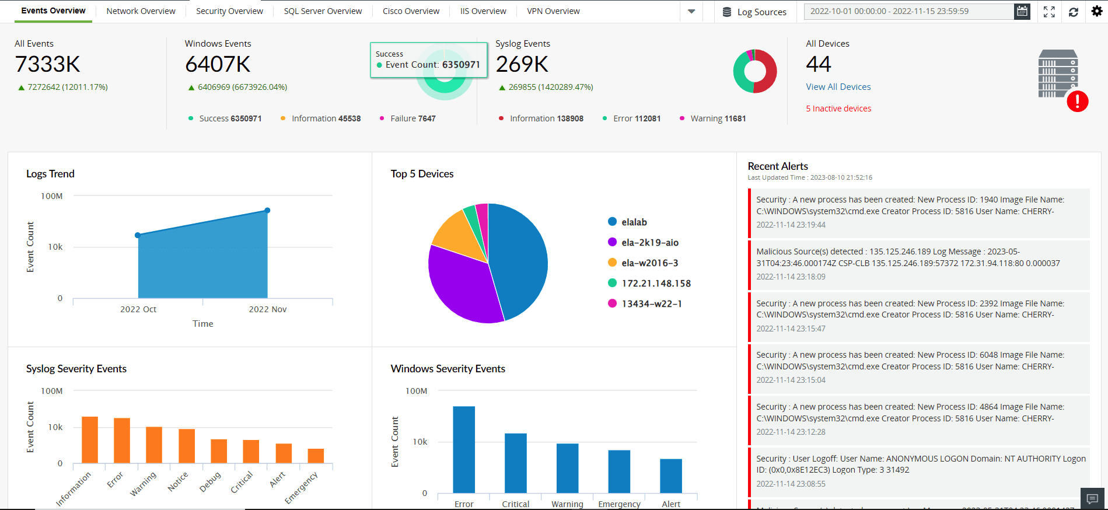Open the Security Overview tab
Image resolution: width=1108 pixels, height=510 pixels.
229,11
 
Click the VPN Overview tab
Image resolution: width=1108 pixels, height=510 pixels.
553,11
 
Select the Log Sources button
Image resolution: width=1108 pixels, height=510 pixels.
754,12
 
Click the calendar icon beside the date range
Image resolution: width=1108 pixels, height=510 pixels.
1022,11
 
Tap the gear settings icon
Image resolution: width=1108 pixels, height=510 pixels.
1097,11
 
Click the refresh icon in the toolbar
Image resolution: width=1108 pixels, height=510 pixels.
1073,12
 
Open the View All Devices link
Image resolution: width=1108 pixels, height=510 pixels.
838,87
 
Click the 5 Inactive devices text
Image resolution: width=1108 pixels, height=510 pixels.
838,109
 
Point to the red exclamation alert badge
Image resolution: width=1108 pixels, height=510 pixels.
1077,102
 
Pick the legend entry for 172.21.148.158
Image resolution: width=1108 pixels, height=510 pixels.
656,284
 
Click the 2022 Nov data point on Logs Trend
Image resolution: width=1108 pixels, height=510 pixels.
267,211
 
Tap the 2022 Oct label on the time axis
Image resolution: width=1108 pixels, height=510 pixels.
138,309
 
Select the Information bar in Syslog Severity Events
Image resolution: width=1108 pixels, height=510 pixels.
90,440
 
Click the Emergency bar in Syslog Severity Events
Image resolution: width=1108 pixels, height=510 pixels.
316,456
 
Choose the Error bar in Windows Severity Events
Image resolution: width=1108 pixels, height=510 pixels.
464,449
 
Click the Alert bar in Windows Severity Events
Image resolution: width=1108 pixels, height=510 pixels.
671,476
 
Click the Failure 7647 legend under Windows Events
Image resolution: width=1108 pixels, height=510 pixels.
413,118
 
